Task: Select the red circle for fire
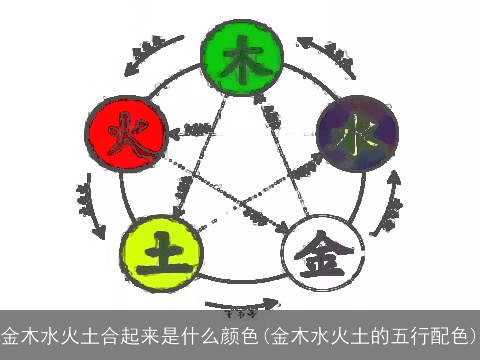coord(123,134)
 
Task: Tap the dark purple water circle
coord(357,136)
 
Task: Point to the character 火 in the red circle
coord(123,134)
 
